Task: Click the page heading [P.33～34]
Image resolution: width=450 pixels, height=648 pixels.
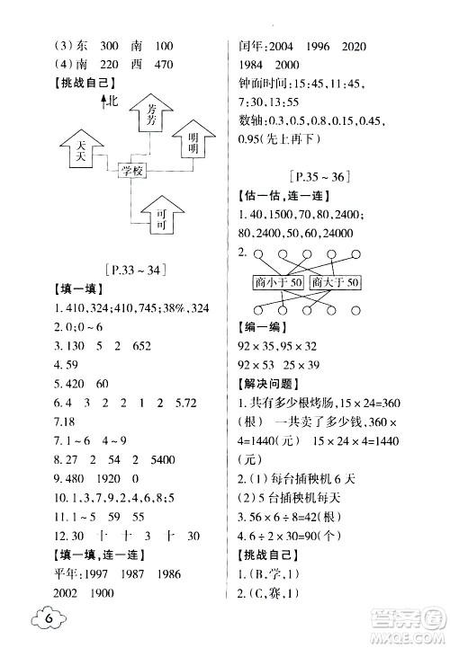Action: pos(140,268)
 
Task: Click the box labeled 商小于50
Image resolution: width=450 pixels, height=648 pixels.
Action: pos(279,283)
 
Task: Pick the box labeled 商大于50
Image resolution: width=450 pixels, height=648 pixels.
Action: pos(335,283)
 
